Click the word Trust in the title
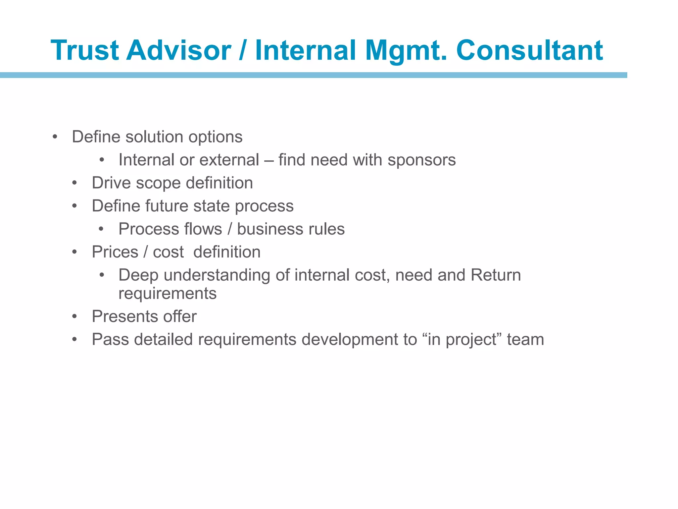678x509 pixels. [85, 50]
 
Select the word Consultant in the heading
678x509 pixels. [529, 50]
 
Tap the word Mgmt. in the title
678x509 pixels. [406, 50]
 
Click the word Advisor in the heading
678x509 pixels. [179, 50]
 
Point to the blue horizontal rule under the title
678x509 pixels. [313, 75]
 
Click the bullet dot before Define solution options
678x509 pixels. [55, 137]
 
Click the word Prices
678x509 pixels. [115, 252]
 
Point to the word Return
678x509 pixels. [496, 275]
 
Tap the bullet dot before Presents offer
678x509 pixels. [75, 317]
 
